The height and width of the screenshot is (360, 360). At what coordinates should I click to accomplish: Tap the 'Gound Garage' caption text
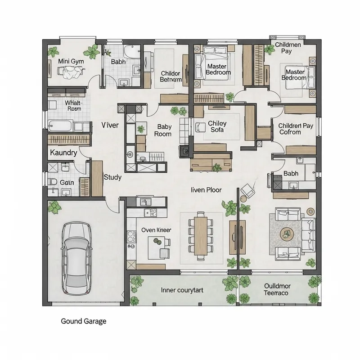coord(83,321)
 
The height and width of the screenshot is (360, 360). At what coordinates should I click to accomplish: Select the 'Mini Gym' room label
coord(71,61)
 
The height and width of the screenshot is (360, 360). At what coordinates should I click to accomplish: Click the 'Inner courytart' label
coord(182,290)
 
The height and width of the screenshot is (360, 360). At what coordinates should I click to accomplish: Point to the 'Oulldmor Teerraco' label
coord(277,289)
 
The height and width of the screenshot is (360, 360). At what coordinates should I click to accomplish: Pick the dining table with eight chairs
coord(202,235)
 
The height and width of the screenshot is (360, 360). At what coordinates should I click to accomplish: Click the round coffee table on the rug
coord(286,234)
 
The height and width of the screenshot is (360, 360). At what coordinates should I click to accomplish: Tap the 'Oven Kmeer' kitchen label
coord(156,230)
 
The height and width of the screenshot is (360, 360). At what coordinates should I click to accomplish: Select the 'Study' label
coord(112,177)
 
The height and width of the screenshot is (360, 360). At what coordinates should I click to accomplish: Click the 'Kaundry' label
coord(63,153)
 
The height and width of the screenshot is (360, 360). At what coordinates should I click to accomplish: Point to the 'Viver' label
coord(110,125)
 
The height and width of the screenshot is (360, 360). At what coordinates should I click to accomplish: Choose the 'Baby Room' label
coord(164,130)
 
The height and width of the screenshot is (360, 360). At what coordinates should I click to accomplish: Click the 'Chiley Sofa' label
coord(217,127)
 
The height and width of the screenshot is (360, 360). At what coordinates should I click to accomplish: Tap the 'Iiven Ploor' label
coord(207,190)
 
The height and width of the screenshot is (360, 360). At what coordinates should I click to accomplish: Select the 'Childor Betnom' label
coord(171,76)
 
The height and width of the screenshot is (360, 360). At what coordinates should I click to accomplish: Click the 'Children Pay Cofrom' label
coord(295,129)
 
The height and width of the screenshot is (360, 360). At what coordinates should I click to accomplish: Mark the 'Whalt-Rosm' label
coord(73,106)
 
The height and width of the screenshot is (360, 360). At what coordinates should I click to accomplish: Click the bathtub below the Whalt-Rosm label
coord(61,126)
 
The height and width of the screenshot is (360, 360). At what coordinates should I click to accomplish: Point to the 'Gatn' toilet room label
coord(67,183)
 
